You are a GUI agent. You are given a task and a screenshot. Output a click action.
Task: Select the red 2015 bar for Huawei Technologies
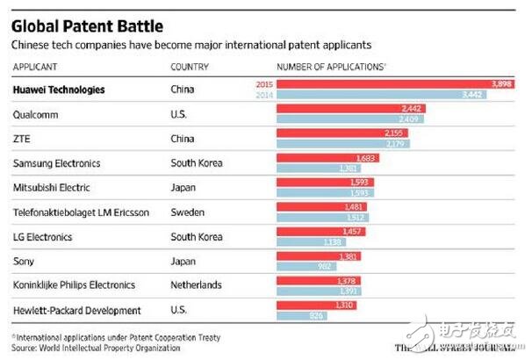click(x=394, y=83)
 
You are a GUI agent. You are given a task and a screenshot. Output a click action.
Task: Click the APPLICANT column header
click(x=34, y=68)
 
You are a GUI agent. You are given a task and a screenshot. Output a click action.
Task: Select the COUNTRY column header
click(x=189, y=68)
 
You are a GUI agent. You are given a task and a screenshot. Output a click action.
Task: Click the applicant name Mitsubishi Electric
click(x=51, y=188)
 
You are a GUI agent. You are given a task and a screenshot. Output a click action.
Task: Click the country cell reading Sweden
click(x=185, y=212)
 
